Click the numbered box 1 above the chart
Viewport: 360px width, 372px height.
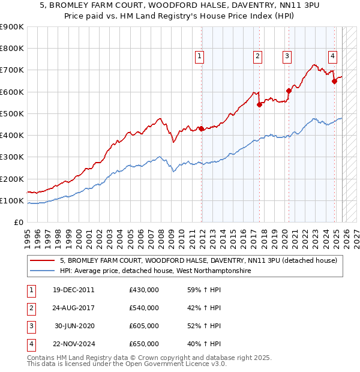(199, 56)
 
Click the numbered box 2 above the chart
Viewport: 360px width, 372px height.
(257, 56)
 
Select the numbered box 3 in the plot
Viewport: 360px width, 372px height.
(287, 56)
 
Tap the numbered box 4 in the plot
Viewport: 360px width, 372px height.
(332, 56)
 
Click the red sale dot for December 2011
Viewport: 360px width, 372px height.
(201, 128)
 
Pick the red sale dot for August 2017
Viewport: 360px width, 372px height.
(259, 104)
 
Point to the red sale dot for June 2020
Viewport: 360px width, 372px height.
(289, 91)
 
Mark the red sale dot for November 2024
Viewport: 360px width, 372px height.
(334, 81)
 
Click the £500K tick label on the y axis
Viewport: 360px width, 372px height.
(13, 113)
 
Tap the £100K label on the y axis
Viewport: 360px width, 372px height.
(13, 200)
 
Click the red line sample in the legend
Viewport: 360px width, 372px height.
(43, 260)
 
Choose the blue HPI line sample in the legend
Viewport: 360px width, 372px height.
(43, 271)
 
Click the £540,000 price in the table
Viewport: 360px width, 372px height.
(144, 308)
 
